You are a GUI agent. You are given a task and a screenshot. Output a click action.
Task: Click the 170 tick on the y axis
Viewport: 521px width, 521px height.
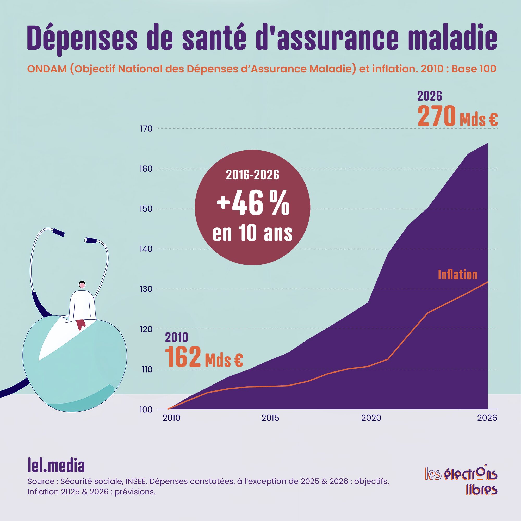(x=146, y=129)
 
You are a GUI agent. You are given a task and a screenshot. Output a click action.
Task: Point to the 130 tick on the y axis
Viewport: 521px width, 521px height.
(x=146, y=289)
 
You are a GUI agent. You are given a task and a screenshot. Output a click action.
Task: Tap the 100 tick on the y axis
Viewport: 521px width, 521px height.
(x=146, y=409)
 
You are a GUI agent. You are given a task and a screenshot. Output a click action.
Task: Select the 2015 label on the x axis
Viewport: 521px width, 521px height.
(x=270, y=418)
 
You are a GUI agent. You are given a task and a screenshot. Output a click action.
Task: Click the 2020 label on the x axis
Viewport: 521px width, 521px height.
(x=371, y=418)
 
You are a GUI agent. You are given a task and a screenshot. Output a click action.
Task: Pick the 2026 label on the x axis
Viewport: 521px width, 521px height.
(x=487, y=418)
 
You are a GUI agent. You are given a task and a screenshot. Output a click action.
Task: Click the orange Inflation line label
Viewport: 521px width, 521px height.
(x=458, y=275)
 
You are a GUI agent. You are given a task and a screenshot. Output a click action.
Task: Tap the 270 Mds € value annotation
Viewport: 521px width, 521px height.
(x=457, y=116)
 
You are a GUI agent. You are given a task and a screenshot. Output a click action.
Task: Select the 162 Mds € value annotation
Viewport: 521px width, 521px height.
(x=204, y=357)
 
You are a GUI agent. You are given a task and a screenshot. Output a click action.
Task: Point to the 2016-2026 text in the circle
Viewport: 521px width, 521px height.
(x=252, y=175)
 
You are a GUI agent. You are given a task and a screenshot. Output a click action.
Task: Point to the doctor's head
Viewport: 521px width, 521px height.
(x=82, y=284)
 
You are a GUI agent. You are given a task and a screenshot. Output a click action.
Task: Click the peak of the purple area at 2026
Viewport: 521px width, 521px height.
(x=487, y=143)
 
